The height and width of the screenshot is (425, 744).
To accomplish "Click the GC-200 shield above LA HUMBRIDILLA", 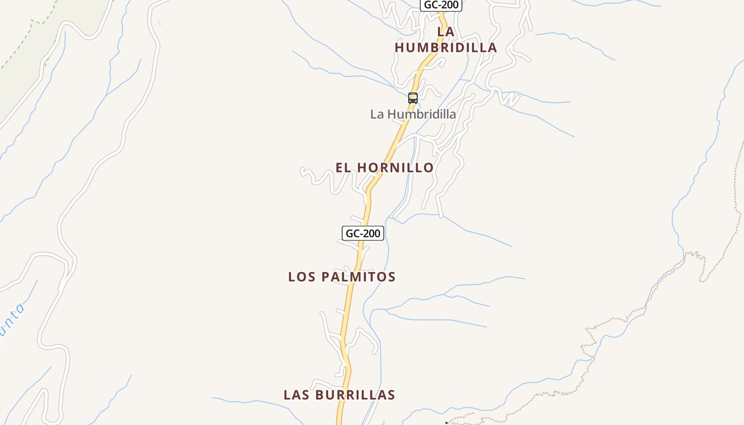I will click(441, 5).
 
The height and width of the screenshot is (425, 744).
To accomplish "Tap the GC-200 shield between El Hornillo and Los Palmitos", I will click(362, 233).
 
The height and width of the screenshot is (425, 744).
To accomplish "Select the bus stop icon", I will click(412, 98).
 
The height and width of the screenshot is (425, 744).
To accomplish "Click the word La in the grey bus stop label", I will click(377, 114).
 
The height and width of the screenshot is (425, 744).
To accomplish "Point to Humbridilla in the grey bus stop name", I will click(421, 114).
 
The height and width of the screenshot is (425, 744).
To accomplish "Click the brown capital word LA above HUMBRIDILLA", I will click(445, 32).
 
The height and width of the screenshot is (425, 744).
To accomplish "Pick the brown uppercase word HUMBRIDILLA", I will click(445, 48).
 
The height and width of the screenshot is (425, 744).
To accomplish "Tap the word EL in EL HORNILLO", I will click(344, 168).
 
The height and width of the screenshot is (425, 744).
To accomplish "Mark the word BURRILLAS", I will click(355, 395).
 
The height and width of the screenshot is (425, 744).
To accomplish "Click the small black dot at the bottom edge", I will click(446, 423).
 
